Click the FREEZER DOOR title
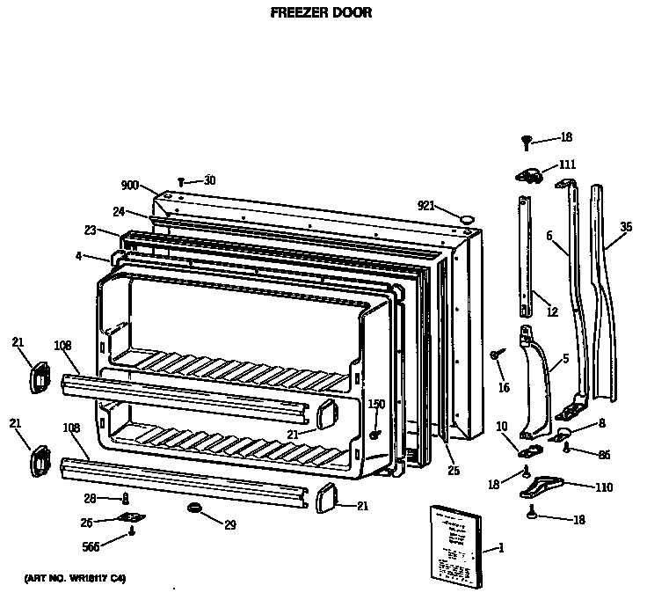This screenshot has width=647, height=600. click(320, 13)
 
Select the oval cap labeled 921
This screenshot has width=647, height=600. click(468, 214)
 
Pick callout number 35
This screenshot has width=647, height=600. click(625, 227)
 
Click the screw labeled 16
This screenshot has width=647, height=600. click(495, 354)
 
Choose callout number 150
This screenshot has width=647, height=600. click(376, 405)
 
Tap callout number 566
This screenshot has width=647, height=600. click(91, 546)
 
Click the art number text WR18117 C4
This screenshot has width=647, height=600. click(75, 578)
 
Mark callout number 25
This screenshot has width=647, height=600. click(454, 472)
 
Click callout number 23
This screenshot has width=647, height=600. click(90, 230)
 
